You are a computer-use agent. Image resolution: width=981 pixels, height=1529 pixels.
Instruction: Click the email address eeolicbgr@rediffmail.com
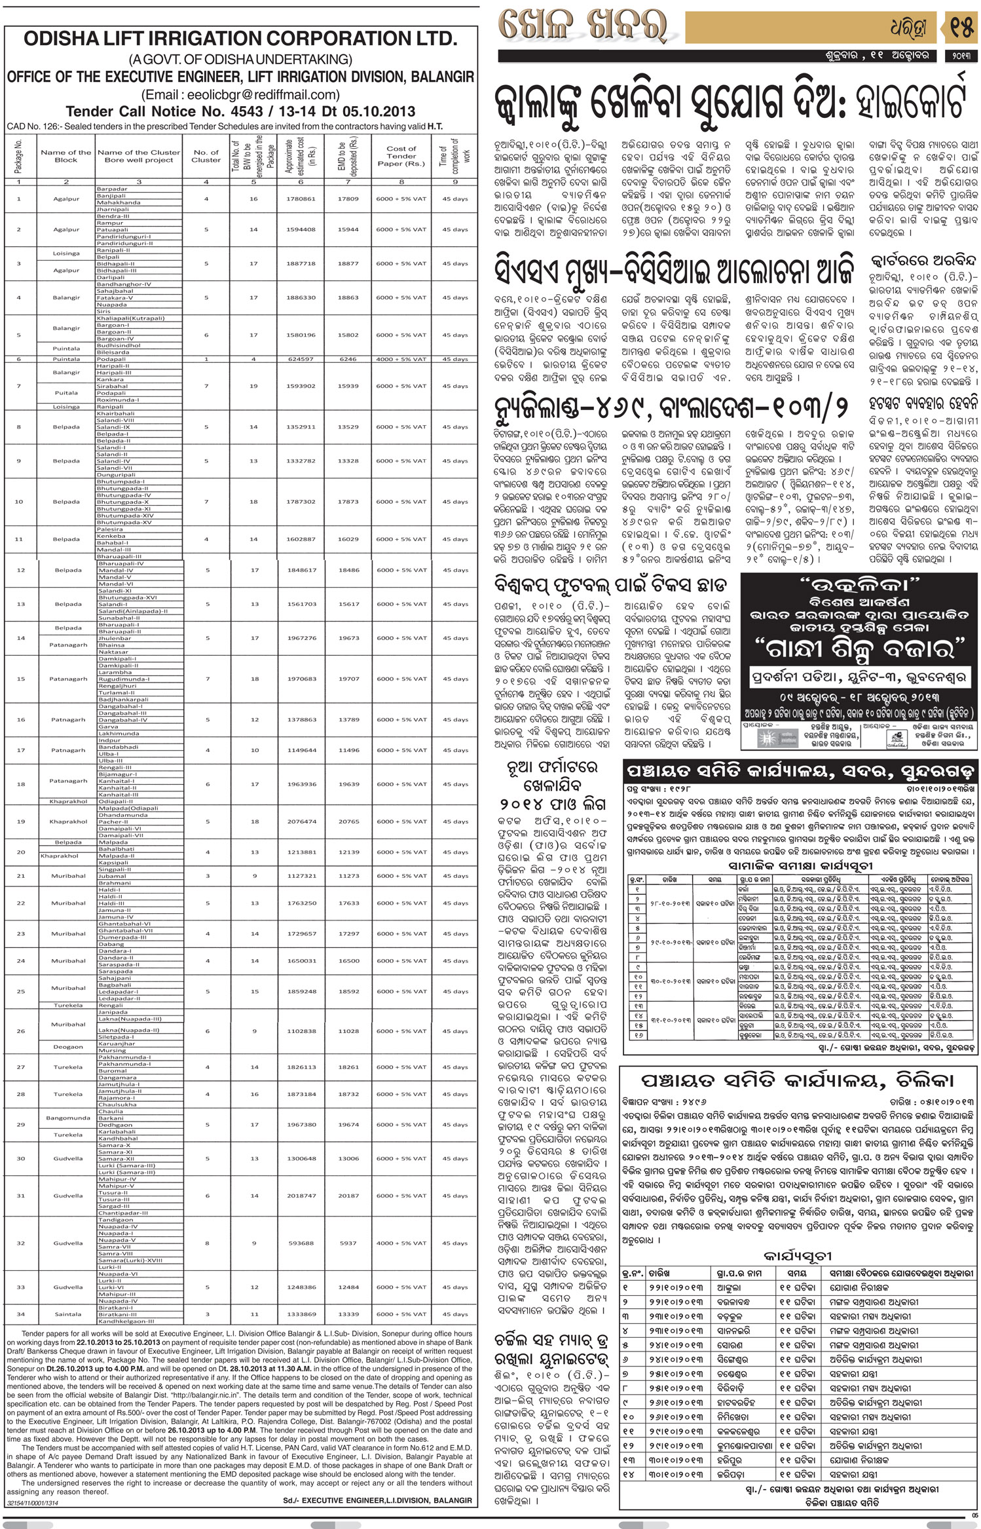240,94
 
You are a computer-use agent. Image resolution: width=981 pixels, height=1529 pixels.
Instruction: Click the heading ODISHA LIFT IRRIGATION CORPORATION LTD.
240,39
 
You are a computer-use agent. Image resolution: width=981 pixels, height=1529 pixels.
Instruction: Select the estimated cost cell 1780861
301,198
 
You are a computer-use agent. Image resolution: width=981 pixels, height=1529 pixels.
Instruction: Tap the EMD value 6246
348,359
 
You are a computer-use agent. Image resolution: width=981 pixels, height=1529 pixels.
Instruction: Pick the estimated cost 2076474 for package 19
301,821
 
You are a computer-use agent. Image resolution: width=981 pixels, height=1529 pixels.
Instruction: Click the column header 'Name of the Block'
66,156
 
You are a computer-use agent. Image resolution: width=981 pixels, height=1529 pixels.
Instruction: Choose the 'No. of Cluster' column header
206,156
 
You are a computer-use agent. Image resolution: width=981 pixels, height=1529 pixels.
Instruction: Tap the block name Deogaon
68,1047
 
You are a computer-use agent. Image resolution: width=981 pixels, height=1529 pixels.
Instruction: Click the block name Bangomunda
68,1118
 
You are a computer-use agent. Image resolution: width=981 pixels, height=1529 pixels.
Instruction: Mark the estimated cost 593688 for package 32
301,1243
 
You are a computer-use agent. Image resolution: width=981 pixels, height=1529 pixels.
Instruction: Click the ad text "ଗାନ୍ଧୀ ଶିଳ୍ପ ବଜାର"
859,649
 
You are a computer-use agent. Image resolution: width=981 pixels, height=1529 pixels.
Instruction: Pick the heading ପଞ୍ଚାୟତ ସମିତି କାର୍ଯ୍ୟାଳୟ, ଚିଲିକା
796,1080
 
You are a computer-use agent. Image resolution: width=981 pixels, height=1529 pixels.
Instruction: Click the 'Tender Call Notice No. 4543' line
240,111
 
